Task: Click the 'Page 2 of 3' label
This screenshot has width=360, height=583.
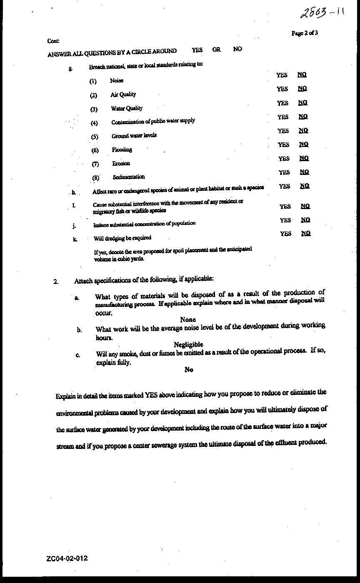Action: tap(305, 33)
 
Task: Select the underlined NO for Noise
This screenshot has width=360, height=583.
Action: tap(302, 75)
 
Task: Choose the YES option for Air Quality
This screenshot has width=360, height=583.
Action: tap(282, 89)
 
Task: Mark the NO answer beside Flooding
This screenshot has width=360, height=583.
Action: tap(304, 144)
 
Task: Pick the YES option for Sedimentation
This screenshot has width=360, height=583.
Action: tap(284, 172)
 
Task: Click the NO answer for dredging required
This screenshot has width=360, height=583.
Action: tap(306, 233)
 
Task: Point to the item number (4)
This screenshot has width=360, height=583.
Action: tap(94, 123)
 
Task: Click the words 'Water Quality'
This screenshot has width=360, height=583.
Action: tap(127, 108)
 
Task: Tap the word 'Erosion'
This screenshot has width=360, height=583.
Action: tap(121, 164)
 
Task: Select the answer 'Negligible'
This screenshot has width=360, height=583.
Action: tap(188, 344)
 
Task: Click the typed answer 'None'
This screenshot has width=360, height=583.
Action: tap(188, 319)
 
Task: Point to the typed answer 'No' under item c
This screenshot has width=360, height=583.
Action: tap(189, 369)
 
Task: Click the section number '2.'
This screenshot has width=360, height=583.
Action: tap(56, 281)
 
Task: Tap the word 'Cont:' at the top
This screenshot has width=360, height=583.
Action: tap(53, 41)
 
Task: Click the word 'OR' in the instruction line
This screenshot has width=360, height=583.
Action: tap(216, 49)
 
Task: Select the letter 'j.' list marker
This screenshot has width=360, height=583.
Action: tap(74, 226)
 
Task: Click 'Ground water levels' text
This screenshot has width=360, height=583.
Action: tap(134, 136)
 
